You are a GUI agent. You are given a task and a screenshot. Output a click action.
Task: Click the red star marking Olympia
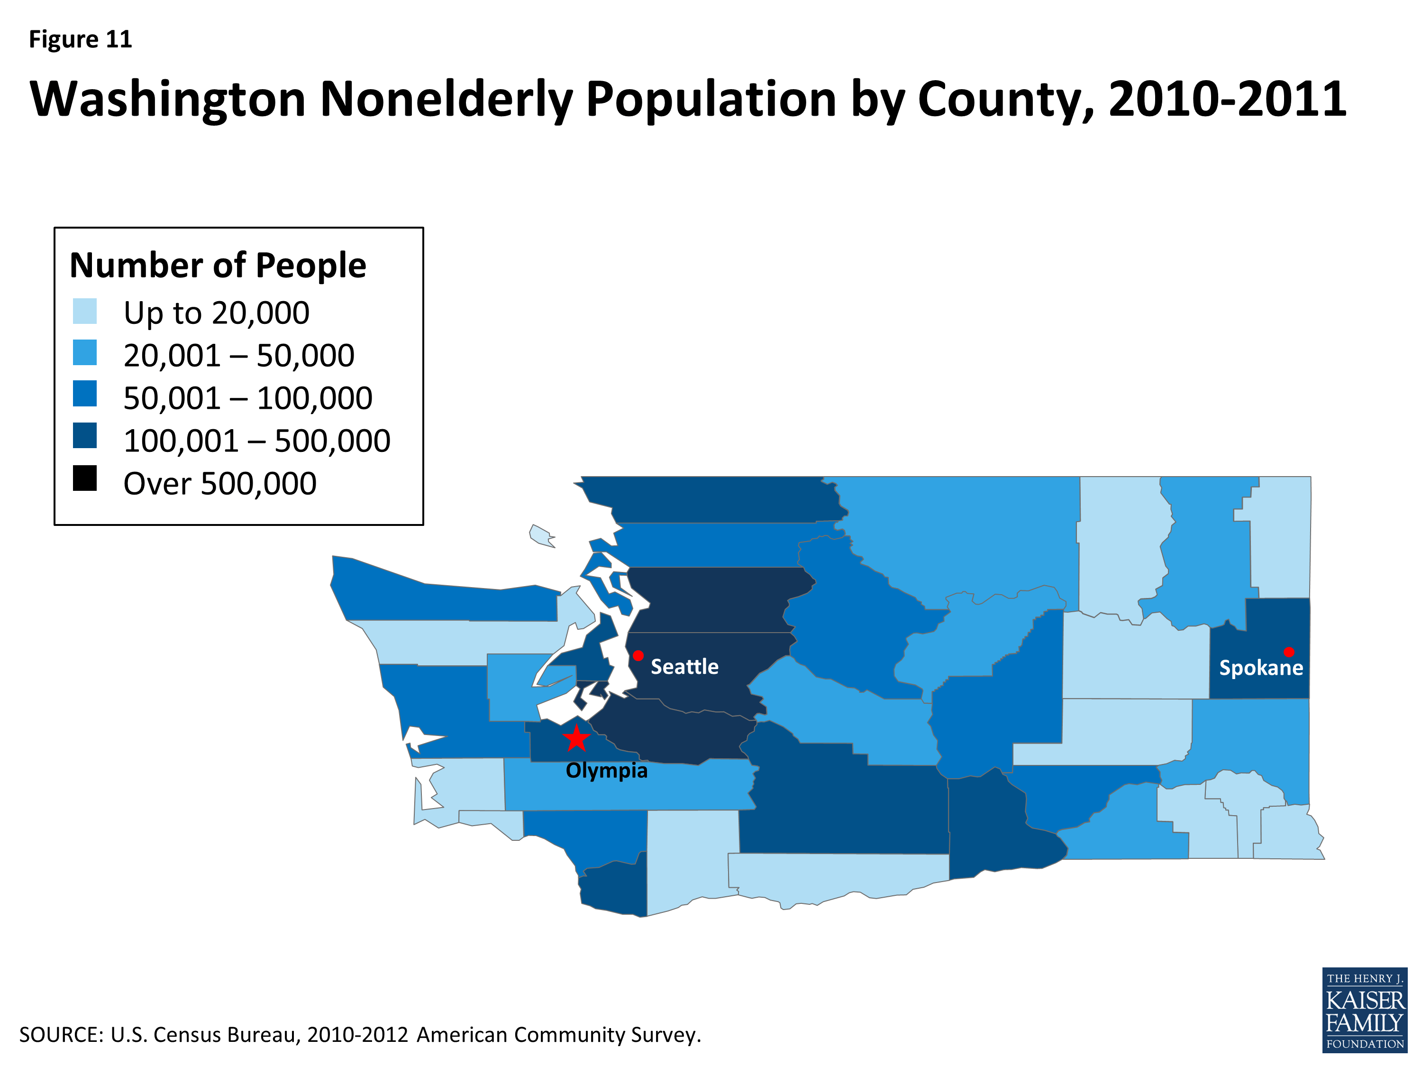[x=577, y=739]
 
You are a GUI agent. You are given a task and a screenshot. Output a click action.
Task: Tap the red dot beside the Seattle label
[x=638, y=655]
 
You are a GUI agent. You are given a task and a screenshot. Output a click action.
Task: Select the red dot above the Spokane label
[x=1289, y=652]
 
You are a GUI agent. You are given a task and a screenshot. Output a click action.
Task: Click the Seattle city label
[x=684, y=666]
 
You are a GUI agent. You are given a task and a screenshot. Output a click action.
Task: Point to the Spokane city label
[x=1261, y=668]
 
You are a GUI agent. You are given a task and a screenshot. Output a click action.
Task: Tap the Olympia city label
[x=606, y=771]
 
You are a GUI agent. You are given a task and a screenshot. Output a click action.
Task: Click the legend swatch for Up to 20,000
[x=85, y=311]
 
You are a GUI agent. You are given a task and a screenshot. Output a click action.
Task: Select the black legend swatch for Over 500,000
[x=85, y=478]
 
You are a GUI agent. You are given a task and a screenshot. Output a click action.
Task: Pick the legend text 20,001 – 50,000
[x=238, y=356]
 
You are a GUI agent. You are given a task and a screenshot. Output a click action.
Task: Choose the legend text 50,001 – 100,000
[x=247, y=398]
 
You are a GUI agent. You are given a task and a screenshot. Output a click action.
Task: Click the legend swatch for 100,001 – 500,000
[x=85, y=435]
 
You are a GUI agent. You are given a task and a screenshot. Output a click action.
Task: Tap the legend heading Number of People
[x=217, y=265]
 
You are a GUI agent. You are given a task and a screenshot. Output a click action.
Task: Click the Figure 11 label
[x=81, y=39]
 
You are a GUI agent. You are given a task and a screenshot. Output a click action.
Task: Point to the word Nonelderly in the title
[x=446, y=100]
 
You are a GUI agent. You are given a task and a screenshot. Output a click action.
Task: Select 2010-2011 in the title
[x=1227, y=100]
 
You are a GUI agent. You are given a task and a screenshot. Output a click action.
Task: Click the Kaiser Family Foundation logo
[x=1364, y=1010]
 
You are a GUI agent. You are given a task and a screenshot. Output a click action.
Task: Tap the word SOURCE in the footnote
[x=60, y=1035]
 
